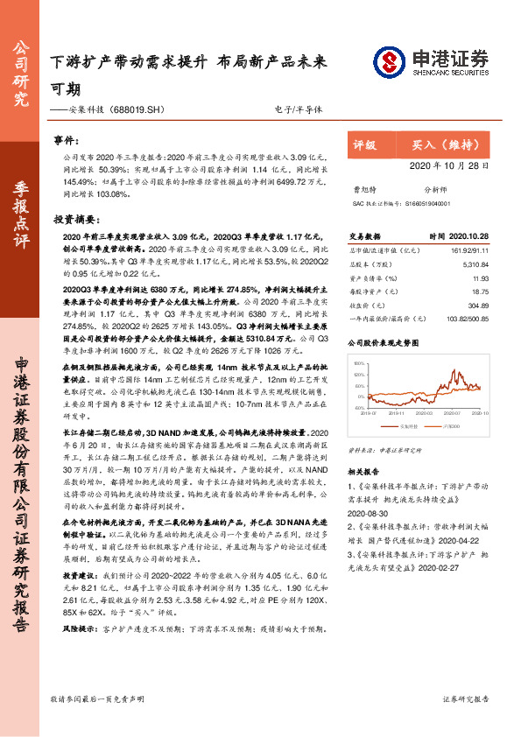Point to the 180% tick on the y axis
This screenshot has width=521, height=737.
tap(357, 360)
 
